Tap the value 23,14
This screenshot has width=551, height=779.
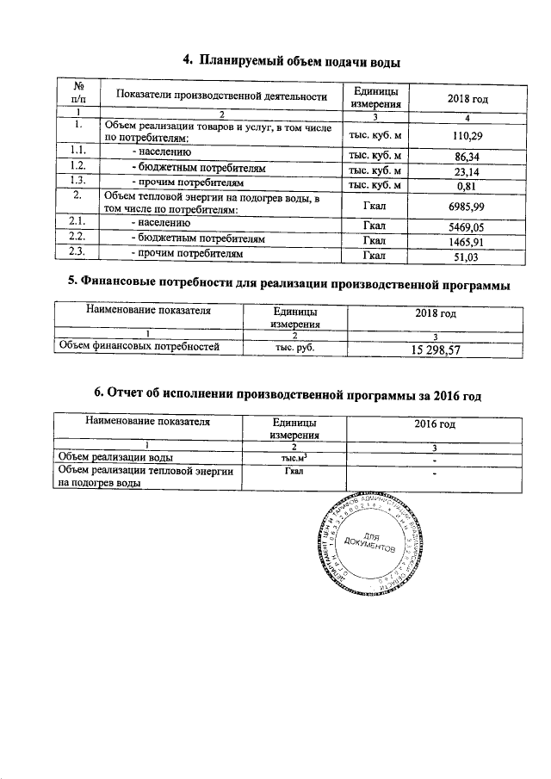tap(465, 171)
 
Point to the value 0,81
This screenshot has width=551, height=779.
tap(465, 185)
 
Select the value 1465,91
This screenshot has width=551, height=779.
tap(465, 242)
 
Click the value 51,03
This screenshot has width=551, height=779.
tap(465, 257)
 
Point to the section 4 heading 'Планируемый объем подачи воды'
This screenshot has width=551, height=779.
tap(293, 60)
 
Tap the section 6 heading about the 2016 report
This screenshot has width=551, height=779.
tap(287, 394)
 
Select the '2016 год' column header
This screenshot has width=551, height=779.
tap(435, 424)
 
